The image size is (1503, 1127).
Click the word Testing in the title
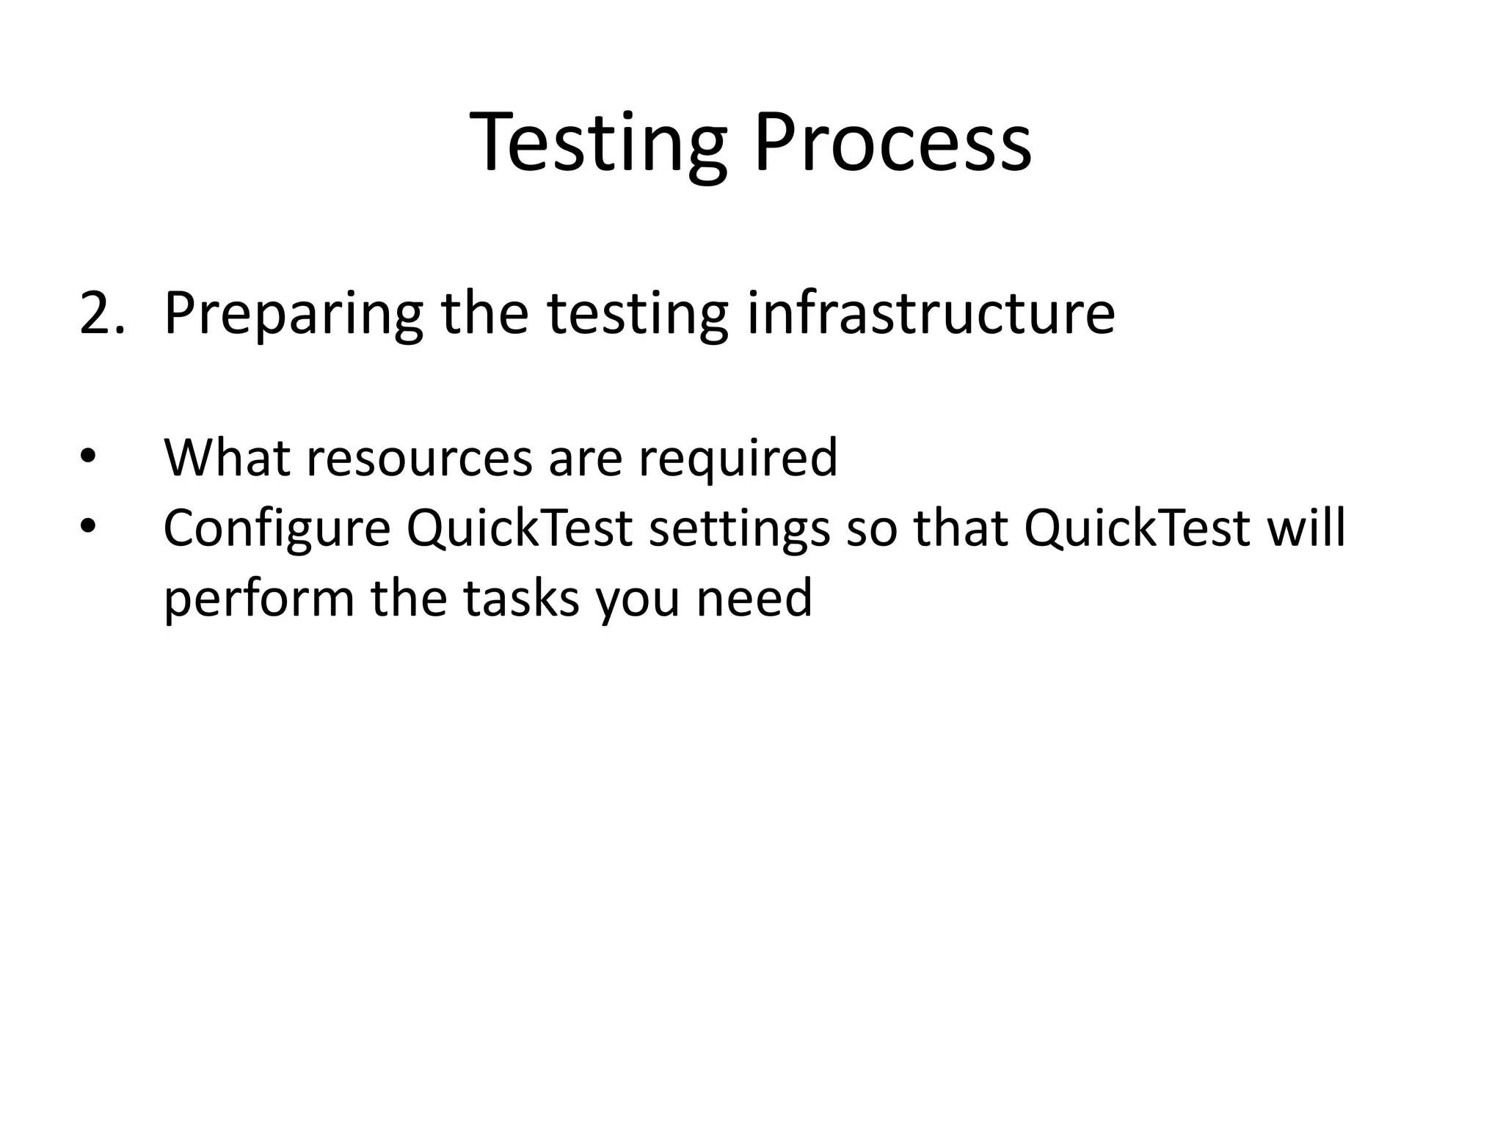coord(597,143)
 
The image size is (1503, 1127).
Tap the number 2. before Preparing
coord(101,313)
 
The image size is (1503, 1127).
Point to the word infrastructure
coord(931,313)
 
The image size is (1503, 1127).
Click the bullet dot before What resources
coord(88,457)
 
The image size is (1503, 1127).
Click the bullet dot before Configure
coord(88,527)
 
